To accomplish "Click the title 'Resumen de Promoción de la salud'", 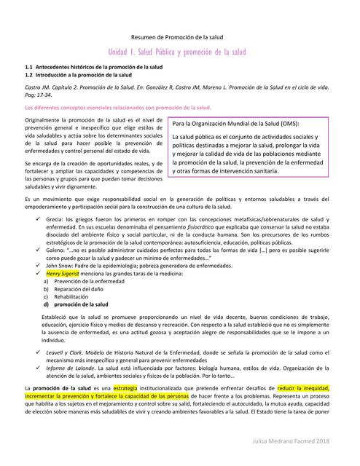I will point(180,36).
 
